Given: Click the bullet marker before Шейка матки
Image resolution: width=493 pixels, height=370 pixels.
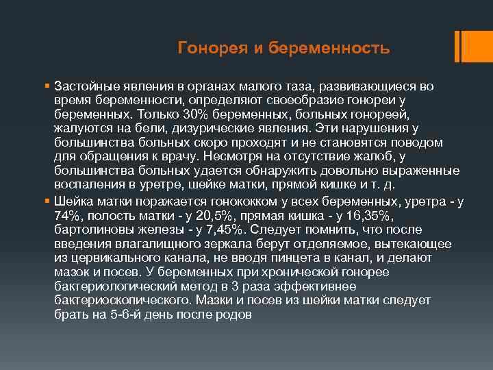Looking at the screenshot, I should pyautogui.click(x=46, y=202).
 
